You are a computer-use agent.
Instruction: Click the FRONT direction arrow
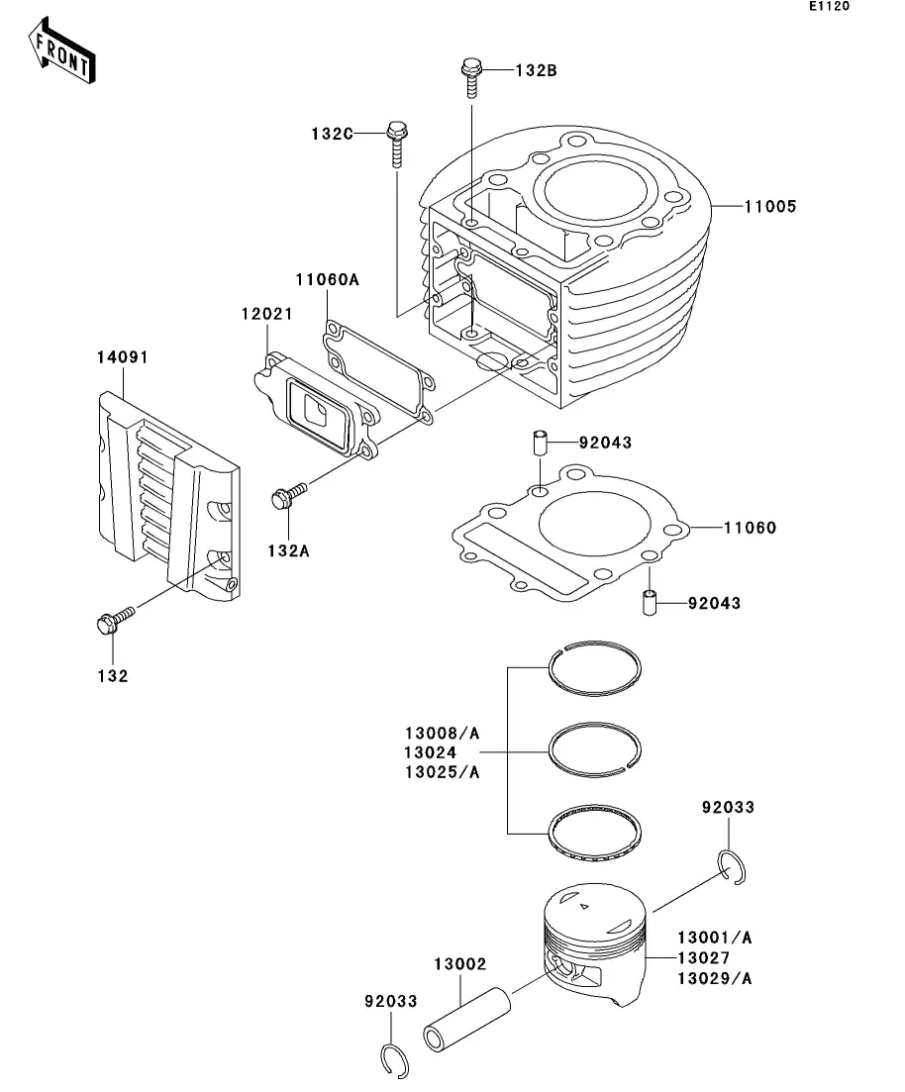coord(61,50)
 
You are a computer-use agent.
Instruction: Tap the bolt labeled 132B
coord(471,77)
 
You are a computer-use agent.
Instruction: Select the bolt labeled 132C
coord(396,145)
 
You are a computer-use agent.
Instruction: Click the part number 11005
coord(769,206)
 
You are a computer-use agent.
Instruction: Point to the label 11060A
coord(327,279)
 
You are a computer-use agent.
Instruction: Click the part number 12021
coord(266,314)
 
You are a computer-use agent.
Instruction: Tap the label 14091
coord(122,357)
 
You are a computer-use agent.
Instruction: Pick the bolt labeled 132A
coord(288,495)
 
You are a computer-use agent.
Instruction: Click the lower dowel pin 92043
coord(650,602)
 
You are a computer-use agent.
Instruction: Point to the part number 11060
coord(750,528)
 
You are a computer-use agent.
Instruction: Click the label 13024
coord(431,752)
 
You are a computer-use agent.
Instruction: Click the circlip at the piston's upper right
coord(733,867)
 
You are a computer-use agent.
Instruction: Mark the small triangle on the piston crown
coord(584,906)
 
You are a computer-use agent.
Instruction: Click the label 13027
coord(704,958)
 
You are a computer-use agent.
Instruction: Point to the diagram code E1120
coord(829,6)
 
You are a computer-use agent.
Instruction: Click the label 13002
coord(459,964)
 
